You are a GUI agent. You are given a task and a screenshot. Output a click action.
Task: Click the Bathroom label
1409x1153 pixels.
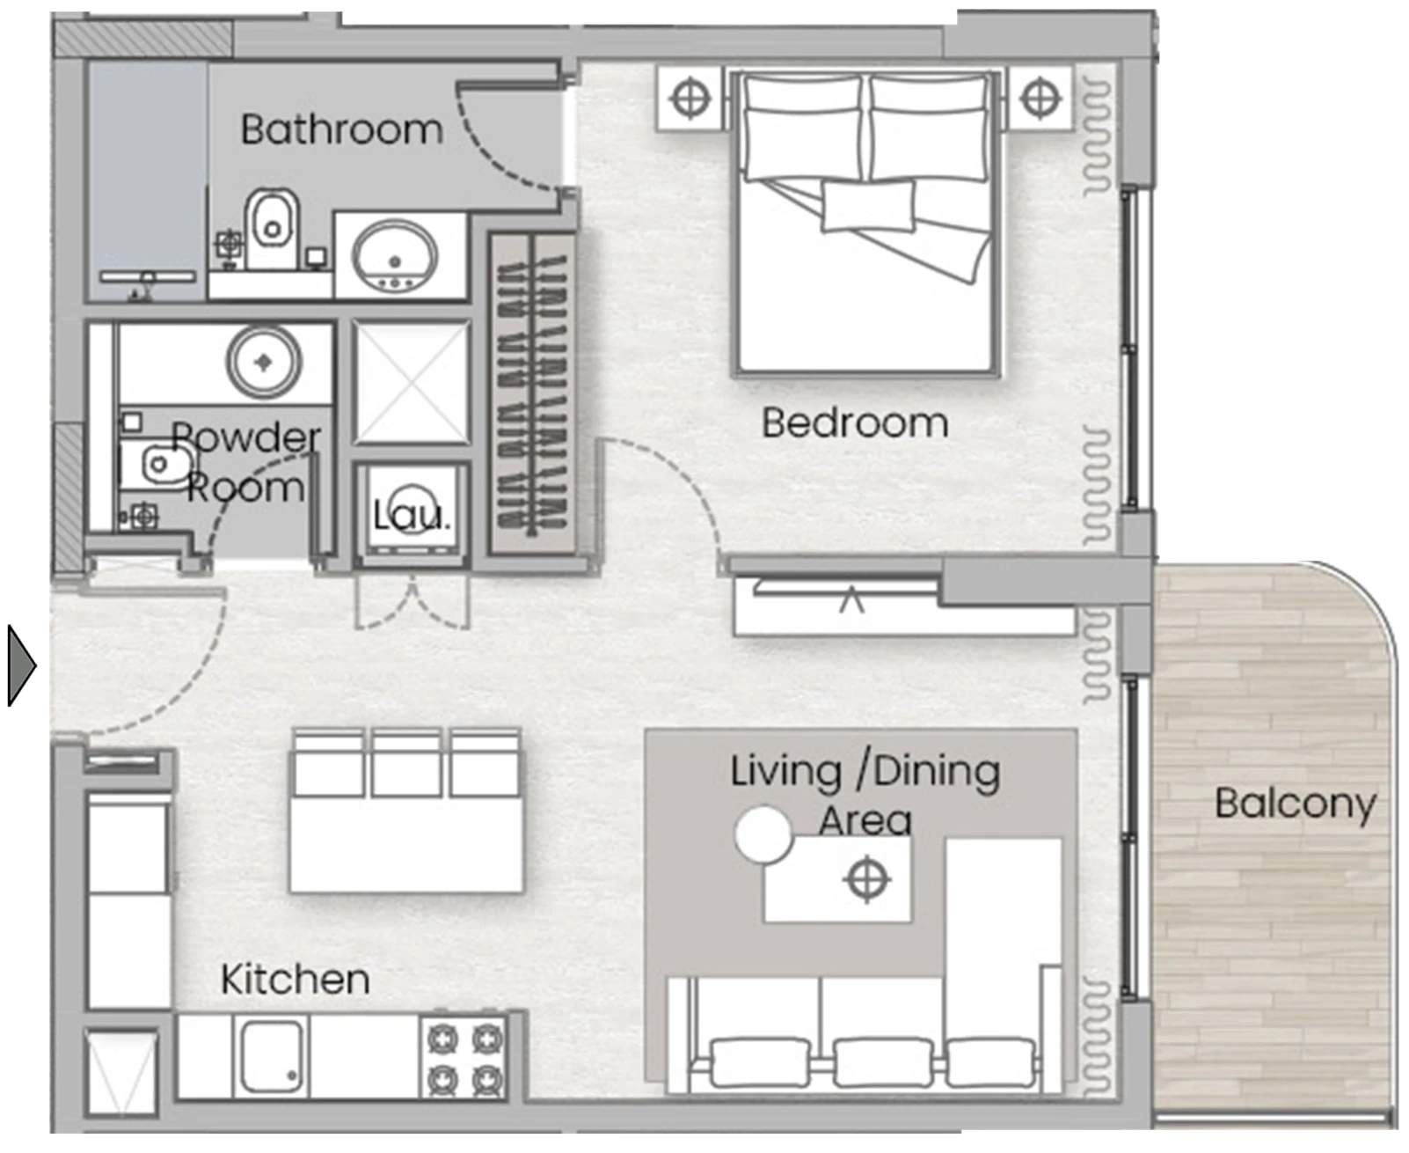[x=341, y=129]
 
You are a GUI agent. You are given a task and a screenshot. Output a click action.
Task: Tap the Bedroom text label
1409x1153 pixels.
[x=855, y=423]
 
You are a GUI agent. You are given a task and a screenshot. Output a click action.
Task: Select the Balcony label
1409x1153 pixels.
[x=1296, y=804]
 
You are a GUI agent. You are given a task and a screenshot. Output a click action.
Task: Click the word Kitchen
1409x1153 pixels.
[x=295, y=980]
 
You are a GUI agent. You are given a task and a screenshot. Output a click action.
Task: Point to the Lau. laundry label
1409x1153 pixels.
[x=411, y=516]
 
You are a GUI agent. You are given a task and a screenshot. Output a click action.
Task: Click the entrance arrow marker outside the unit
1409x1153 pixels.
[x=21, y=665]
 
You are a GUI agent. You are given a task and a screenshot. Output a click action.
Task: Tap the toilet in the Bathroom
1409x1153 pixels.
[x=271, y=229]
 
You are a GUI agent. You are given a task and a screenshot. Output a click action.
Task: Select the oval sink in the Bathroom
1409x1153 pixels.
[x=395, y=258]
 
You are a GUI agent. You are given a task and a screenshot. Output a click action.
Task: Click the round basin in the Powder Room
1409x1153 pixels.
[x=264, y=362]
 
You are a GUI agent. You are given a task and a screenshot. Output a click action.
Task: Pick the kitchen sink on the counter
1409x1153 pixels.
[x=271, y=1056]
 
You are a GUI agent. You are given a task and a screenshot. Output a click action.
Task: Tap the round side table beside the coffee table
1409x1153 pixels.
[x=763, y=834]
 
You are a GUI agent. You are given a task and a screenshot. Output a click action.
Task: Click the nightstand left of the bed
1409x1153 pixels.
[x=690, y=99]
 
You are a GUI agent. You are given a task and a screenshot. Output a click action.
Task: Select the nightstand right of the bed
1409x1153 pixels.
[x=1040, y=99]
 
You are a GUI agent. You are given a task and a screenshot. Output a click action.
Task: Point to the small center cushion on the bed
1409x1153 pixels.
[x=868, y=206]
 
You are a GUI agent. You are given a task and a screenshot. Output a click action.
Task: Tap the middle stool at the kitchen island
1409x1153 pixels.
[x=405, y=763]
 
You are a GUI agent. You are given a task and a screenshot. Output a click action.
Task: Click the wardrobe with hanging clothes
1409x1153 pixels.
[x=532, y=393]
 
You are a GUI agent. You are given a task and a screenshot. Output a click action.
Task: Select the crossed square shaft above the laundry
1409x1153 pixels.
[x=412, y=382]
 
